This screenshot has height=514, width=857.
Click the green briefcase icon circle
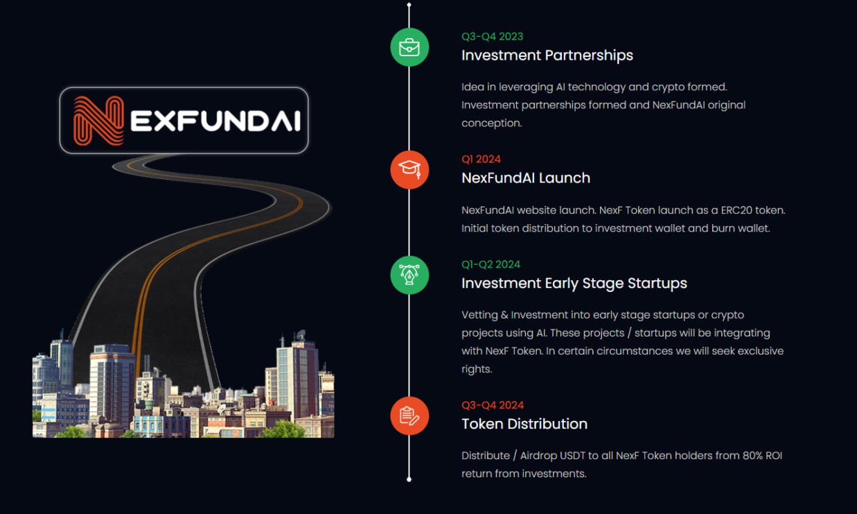pos(409,47)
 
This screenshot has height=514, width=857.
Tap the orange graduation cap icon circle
pos(409,170)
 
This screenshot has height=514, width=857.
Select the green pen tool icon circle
pos(409,275)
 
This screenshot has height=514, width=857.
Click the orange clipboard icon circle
pos(409,416)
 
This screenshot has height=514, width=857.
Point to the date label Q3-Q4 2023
pos(492,36)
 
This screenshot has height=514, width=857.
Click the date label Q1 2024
pos(481,159)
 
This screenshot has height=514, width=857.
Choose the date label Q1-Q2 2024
pos(491,264)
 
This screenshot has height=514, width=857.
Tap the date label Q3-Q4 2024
pos(493,405)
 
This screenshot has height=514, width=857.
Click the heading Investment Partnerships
pos(547,55)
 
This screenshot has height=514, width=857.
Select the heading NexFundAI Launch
pos(526,178)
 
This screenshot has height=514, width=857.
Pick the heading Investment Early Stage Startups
pos(574,284)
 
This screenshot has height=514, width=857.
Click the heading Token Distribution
pos(524,424)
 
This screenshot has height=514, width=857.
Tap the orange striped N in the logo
pos(98,121)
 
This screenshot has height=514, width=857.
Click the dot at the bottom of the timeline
pos(409,479)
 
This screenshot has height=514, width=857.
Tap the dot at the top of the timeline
pos(409,5)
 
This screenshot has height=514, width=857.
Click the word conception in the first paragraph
pos(492,123)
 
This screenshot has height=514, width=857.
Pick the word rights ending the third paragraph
pos(477,369)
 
